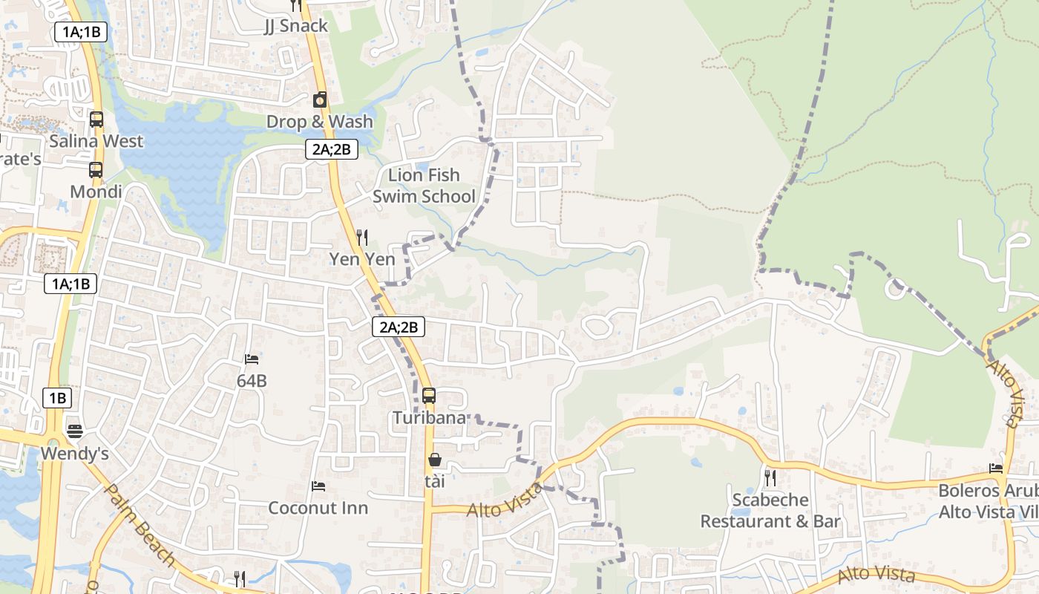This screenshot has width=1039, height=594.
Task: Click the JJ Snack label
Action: click(x=296, y=26)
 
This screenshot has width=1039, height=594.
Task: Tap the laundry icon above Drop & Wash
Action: click(x=320, y=99)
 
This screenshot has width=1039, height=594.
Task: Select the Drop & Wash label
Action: click(x=319, y=121)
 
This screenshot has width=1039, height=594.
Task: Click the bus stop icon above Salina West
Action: click(x=96, y=119)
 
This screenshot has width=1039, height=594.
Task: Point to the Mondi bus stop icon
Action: click(x=96, y=170)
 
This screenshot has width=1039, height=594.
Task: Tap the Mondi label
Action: click(x=96, y=192)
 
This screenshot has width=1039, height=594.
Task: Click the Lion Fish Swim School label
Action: click(x=424, y=186)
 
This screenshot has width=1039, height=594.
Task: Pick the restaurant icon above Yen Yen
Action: click(x=362, y=238)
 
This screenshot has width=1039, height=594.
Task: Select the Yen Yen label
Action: click(x=362, y=259)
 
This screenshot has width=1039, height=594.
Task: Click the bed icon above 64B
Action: click(x=252, y=359)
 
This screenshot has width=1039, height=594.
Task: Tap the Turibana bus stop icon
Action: click(x=429, y=396)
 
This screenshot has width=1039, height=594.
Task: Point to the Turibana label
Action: click(x=430, y=417)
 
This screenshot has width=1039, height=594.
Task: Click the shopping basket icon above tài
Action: click(x=435, y=460)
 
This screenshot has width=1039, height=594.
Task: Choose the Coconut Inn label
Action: click(x=318, y=508)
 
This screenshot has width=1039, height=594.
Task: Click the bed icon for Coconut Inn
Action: click(x=318, y=486)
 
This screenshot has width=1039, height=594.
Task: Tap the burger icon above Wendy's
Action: click(x=75, y=431)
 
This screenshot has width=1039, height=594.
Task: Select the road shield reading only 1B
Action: click(x=57, y=398)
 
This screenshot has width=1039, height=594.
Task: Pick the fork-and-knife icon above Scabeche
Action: click(x=770, y=478)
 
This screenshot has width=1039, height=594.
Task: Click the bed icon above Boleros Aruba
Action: click(x=996, y=469)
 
